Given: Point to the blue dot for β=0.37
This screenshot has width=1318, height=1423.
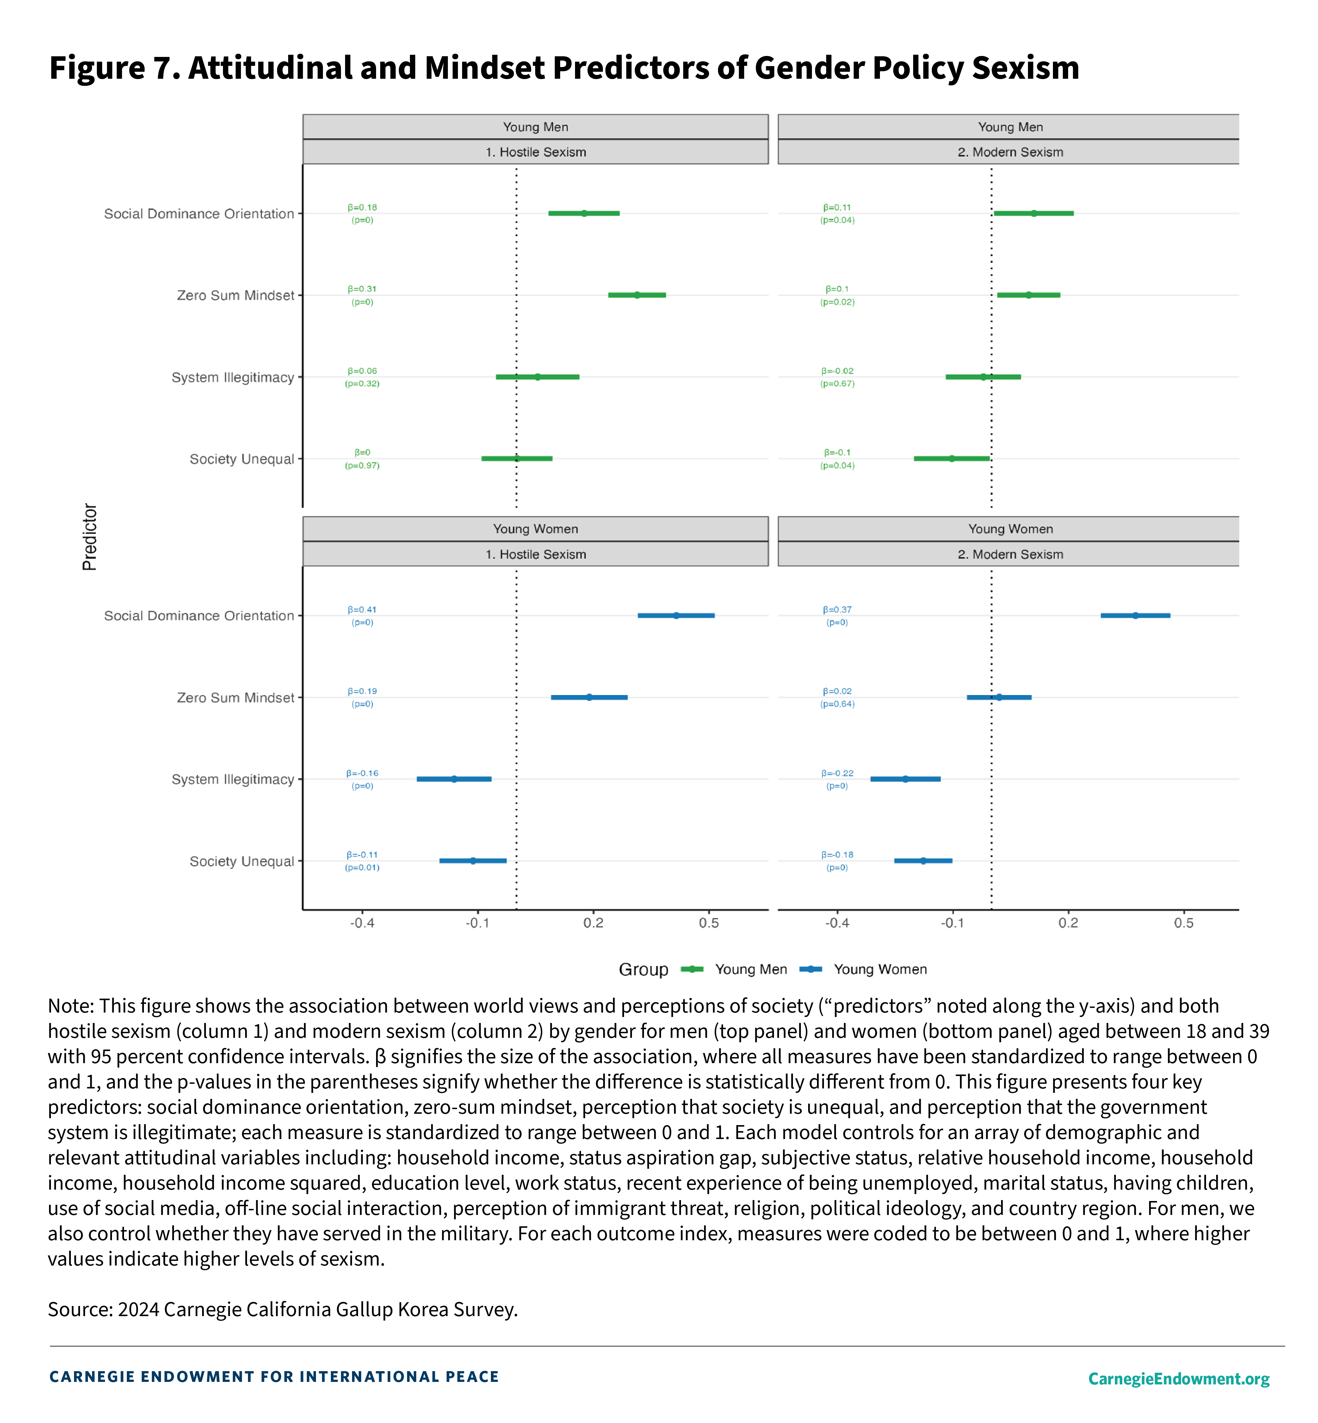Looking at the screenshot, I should pos(1135,615).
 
